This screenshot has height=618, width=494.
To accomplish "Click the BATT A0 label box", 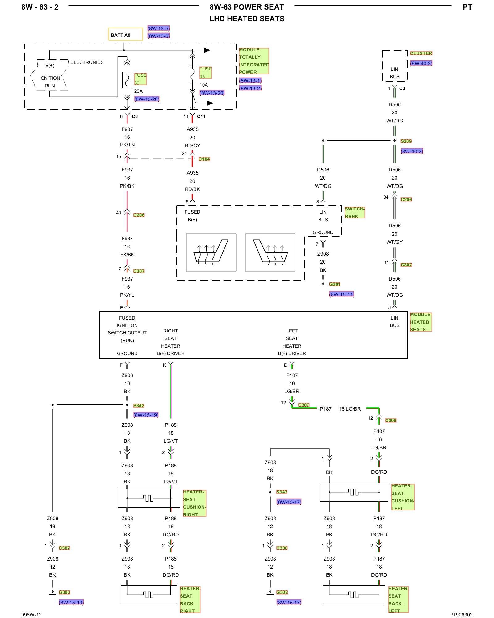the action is tap(125, 34).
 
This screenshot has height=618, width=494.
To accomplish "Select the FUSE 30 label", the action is tap(140, 79).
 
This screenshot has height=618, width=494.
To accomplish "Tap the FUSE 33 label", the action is tap(205, 73).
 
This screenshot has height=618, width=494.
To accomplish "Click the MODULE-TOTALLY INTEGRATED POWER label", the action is tap(254, 61).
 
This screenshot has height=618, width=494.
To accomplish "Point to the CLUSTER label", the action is tap(421, 53).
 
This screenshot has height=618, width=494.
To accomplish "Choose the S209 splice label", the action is tap(406, 141).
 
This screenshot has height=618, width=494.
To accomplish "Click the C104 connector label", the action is tap(204, 159).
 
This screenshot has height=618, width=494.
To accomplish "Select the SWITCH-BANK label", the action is tap(354, 212).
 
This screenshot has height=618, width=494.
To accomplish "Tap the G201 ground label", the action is tap(335, 284).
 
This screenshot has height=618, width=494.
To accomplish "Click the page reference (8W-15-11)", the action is tap(342, 294).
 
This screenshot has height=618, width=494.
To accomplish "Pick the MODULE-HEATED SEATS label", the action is tap(421, 322).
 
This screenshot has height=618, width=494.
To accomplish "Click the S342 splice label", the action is tap(139, 405).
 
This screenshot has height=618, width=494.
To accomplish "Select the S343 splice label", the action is tap(282, 492).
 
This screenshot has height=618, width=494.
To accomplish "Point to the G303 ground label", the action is tap(64, 592).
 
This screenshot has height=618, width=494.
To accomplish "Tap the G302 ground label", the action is tap(282, 592).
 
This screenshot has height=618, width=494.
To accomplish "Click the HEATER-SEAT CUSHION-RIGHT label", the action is tap(194, 503).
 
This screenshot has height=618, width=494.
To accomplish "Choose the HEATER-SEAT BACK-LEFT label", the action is tap(398, 599).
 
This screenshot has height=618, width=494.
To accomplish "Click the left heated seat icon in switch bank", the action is tap(211, 252).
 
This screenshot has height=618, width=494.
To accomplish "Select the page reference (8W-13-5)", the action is tap(158, 28).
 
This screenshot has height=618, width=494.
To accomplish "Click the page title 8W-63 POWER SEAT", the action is tap(247, 7).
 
